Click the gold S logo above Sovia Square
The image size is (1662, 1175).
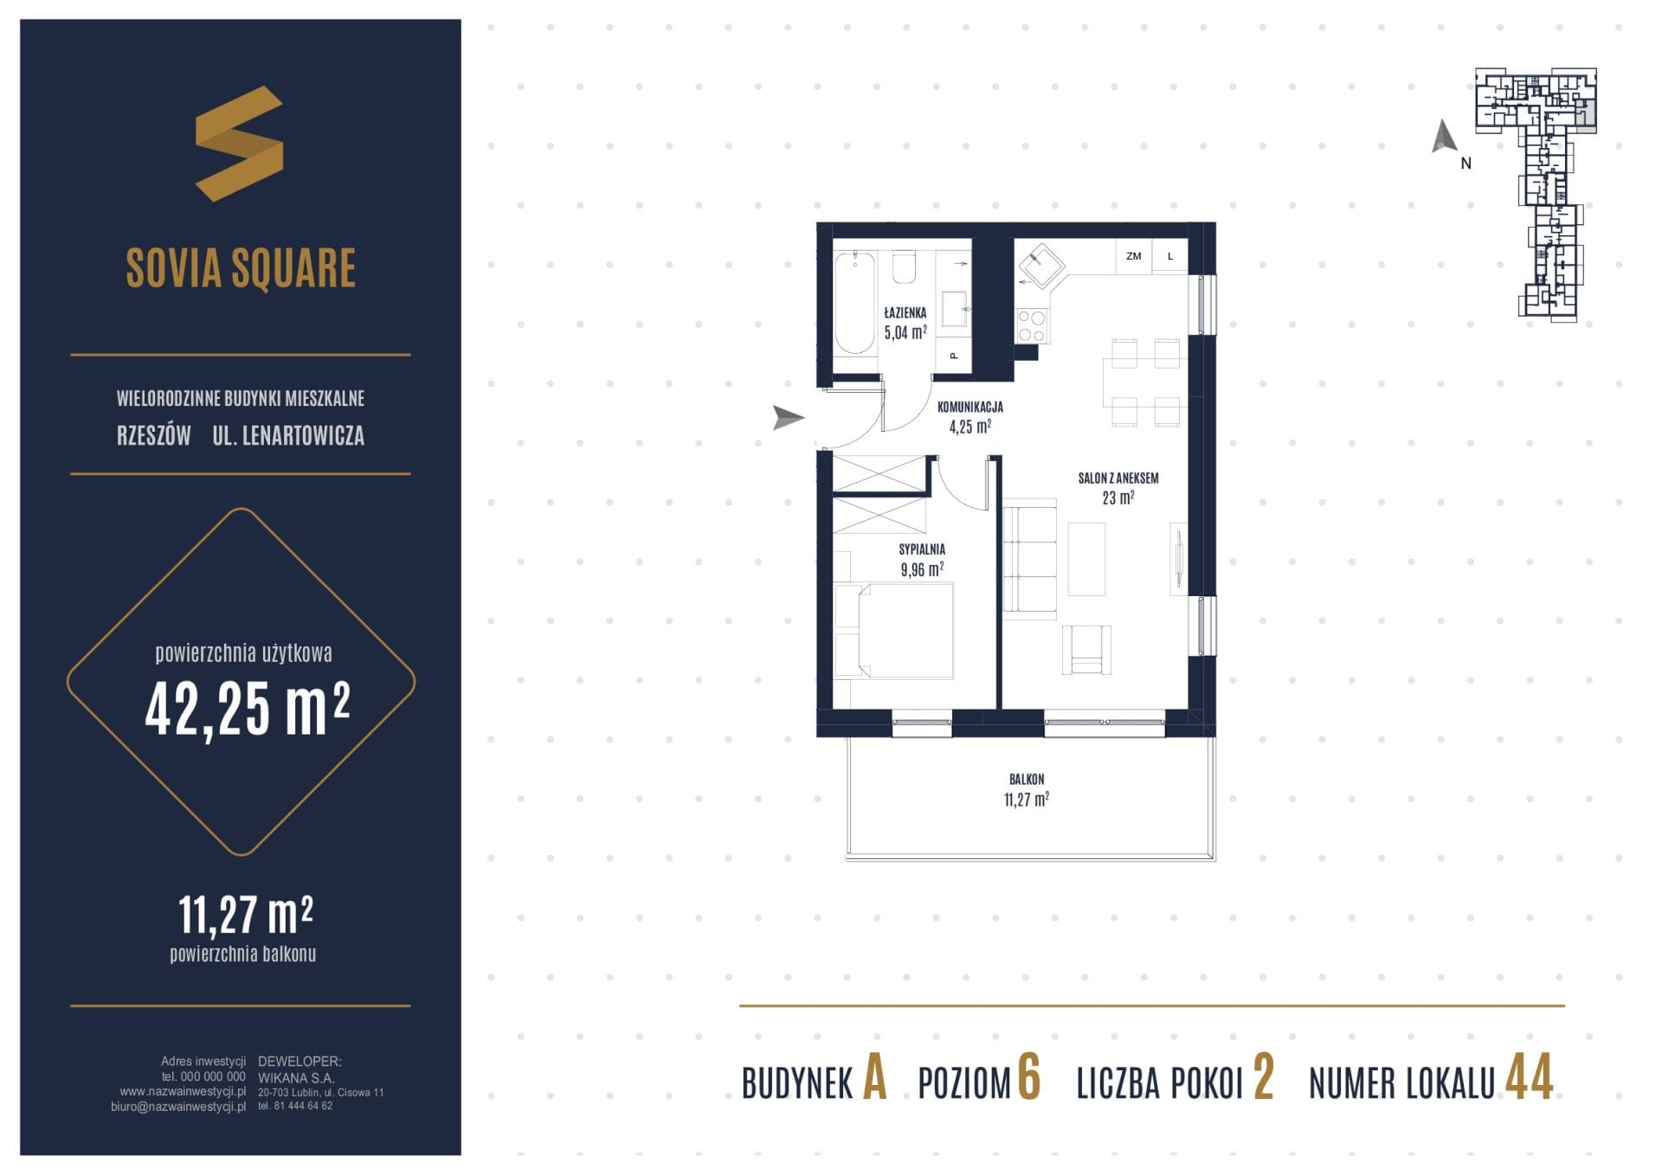click(240, 144)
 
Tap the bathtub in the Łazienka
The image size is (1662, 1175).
click(854, 303)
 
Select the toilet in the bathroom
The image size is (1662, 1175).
click(905, 267)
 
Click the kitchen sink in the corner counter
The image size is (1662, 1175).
click(1041, 265)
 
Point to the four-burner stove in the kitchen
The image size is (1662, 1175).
click(1032, 325)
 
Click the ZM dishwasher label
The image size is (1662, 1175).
click(1133, 256)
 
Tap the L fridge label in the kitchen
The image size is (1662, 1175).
click(1170, 256)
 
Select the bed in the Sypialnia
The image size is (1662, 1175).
click(893, 630)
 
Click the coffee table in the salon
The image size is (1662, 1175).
click(1086, 558)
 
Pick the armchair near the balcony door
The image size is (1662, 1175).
click(1086, 650)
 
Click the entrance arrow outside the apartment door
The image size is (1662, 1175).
click(789, 418)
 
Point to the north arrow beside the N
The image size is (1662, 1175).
click(1443, 137)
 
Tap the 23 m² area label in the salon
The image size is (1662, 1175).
click(1118, 498)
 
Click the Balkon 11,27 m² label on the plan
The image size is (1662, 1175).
click(1027, 789)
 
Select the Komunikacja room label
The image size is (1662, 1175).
click(969, 407)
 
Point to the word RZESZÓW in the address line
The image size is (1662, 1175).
click(154, 435)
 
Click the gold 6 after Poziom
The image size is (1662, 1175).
click(1028, 1078)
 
